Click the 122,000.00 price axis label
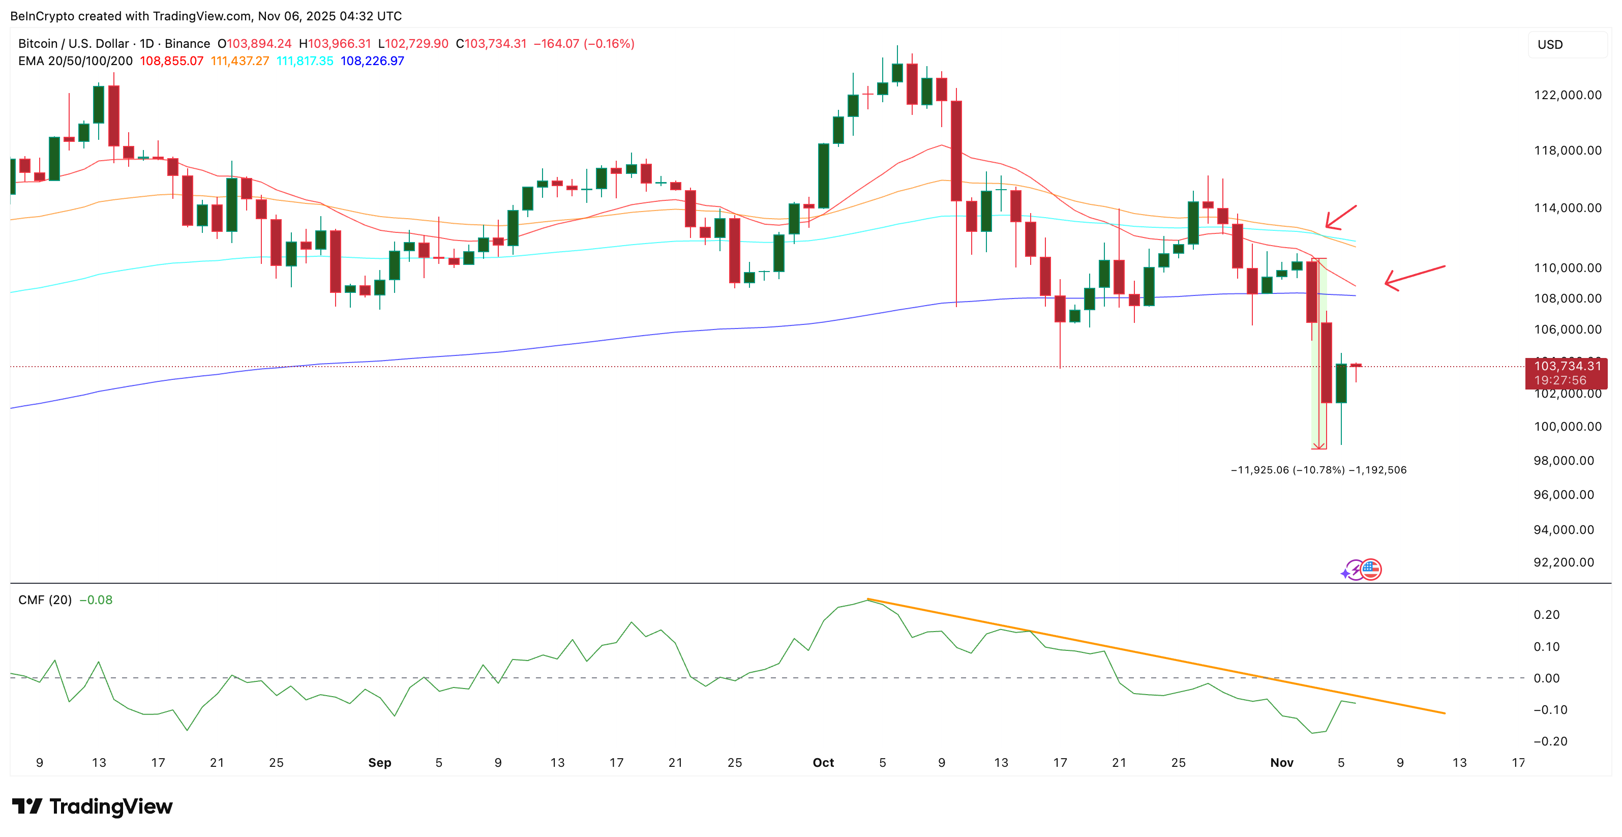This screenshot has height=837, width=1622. point(1567,95)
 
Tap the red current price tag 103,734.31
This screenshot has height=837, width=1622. point(1567,366)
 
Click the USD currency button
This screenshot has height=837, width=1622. point(1567,45)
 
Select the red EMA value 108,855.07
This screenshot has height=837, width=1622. point(171,61)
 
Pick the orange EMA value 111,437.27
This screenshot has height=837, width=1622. point(240,61)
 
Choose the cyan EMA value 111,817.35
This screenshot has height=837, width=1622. point(305,61)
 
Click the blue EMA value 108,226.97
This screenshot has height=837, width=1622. point(372,61)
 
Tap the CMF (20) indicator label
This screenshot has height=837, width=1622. point(45,600)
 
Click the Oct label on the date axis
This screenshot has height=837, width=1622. point(823,763)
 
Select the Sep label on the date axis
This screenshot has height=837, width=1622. point(380,763)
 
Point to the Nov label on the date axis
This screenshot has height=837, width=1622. point(1281,763)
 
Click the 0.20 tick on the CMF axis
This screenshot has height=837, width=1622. point(1546,615)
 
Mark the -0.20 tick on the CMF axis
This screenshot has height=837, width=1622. point(1550,741)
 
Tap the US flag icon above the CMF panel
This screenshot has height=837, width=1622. point(1371,570)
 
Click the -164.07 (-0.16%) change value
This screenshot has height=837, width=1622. point(584,43)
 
